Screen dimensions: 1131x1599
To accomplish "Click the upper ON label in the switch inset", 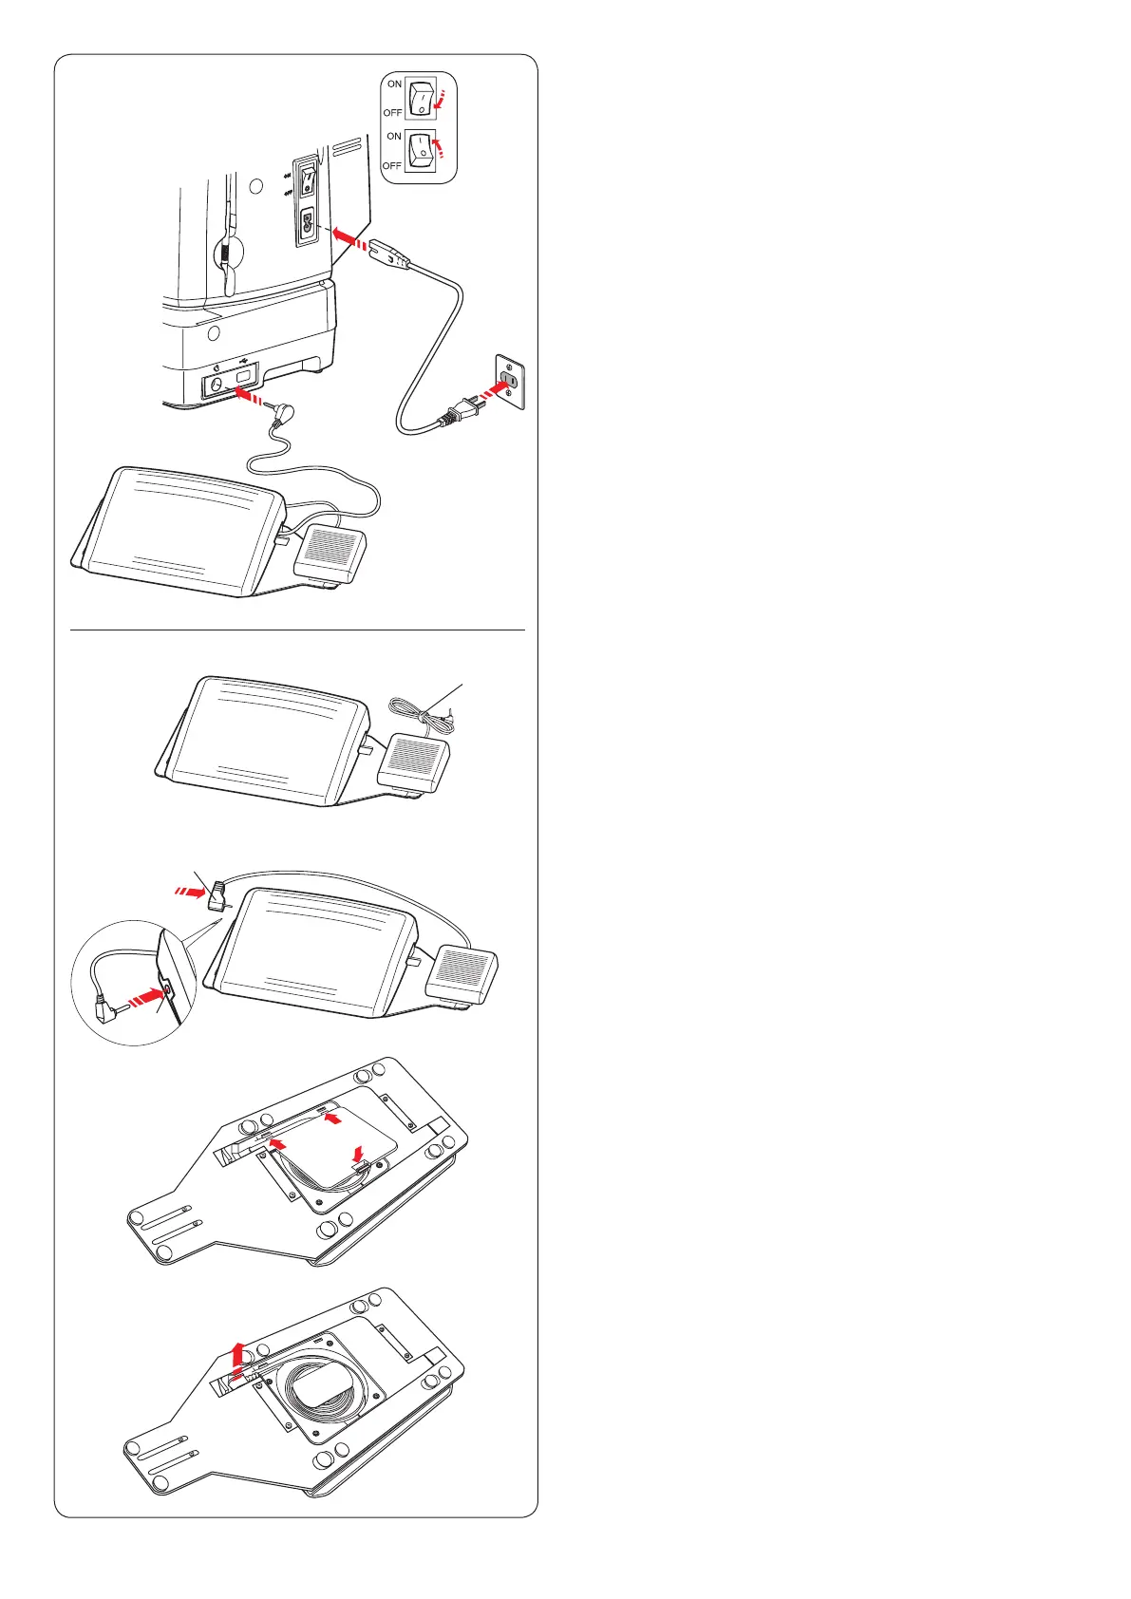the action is [394, 84].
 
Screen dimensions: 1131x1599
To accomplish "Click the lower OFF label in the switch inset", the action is [392, 165].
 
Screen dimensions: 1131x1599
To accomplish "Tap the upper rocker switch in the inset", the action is [422, 98].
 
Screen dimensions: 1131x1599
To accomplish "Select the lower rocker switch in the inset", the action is [421, 151].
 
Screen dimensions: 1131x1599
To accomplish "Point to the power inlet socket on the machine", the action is [307, 226].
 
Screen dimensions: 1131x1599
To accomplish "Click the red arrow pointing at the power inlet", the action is [350, 238].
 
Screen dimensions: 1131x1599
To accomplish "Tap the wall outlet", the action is [509, 381].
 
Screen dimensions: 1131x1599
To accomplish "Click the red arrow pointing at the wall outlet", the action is [493, 391].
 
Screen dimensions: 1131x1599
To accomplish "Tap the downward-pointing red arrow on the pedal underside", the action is [358, 1152].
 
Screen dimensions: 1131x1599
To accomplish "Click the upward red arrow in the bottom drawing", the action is [237, 1354].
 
